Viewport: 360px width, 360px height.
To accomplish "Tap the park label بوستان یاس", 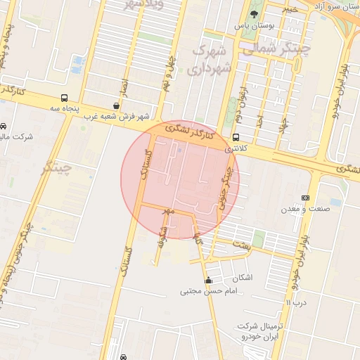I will pos(252,26).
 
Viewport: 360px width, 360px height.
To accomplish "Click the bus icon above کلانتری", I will pos(235,138).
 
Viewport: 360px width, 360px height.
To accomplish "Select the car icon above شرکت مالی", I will pos(4,126).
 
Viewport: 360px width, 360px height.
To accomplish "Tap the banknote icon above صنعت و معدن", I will pos(304,198).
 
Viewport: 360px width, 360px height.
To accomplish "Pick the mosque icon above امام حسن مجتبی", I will pos(208,281).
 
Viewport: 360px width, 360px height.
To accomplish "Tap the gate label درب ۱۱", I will pos(297,302).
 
